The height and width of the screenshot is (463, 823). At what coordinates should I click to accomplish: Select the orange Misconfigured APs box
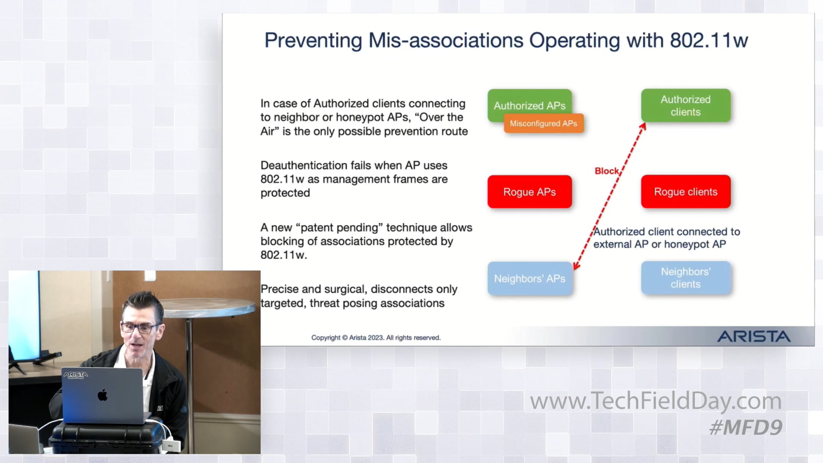(x=544, y=123)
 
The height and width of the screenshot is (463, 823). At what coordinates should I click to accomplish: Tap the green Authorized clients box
(x=685, y=105)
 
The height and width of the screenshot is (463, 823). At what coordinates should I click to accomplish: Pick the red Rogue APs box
(x=529, y=192)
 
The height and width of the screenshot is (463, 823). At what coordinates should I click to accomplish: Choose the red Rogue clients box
(x=685, y=192)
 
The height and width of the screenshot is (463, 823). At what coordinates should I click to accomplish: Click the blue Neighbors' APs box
(x=529, y=278)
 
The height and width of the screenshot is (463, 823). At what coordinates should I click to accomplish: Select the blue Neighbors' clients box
(x=685, y=278)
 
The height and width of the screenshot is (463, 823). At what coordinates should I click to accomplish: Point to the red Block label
(x=607, y=171)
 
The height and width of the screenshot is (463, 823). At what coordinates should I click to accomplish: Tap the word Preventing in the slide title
(x=313, y=40)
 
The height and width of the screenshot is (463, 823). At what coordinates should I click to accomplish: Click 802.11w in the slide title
(x=709, y=40)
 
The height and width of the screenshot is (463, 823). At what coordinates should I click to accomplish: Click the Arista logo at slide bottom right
(x=754, y=336)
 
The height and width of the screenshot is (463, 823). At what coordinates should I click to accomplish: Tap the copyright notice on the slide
(x=376, y=337)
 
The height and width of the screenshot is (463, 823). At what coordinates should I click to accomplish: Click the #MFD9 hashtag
(x=746, y=428)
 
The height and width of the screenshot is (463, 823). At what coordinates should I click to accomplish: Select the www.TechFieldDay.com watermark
(x=656, y=401)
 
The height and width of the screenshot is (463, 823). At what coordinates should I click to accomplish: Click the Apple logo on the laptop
(x=103, y=395)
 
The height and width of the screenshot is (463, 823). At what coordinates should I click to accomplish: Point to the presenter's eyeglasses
(x=141, y=328)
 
